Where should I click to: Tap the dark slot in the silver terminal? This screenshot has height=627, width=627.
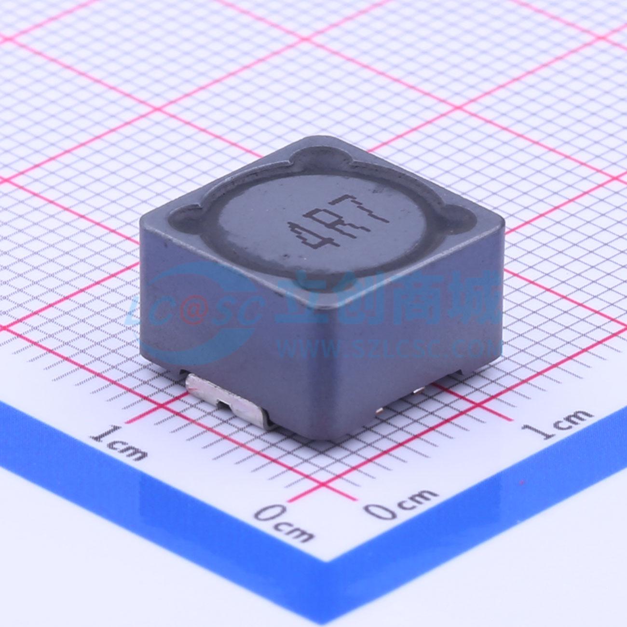223,406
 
